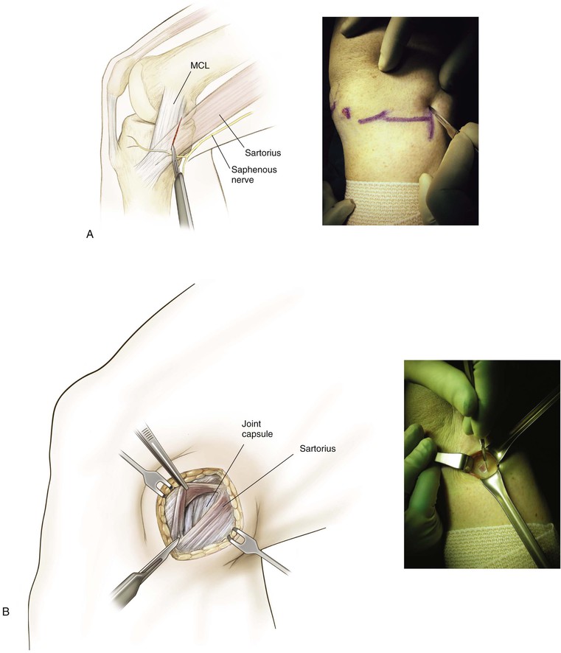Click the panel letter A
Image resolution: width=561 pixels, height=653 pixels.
[90, 234]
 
